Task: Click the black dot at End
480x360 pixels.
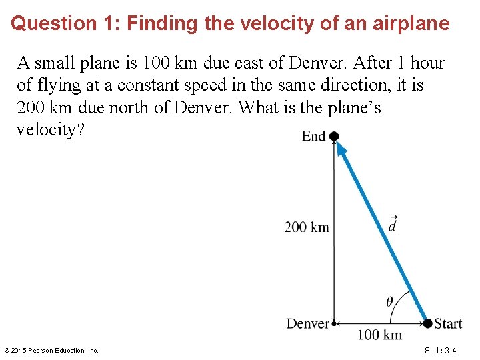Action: click(x=334, y=137)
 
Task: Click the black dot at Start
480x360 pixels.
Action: click(x=427, y=323)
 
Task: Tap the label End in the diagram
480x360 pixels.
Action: click(x=313, y=137)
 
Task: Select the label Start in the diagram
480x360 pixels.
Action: click(x=448, y=324)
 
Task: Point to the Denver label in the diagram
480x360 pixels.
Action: click(x=308, y=324)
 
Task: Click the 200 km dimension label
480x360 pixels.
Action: click(x=307, y=227)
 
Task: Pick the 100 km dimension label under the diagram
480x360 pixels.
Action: click(x=380, y=335)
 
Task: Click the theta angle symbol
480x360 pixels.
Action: click(x=389, y=301)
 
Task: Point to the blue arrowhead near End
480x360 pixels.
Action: click(x=341, y=151)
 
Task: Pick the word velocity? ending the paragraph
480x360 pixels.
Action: click(x=51, y=129)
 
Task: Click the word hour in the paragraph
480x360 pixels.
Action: click(x=427, y=63)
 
